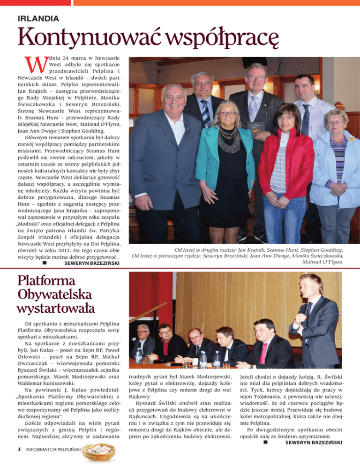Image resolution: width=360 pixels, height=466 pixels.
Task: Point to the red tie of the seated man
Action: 263,352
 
